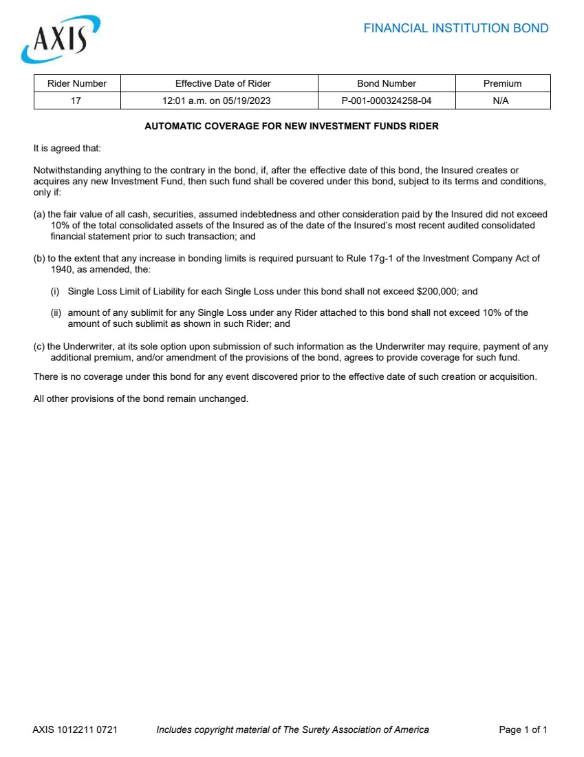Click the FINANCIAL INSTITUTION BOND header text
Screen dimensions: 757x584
pyautogui.click(x=455, y=28)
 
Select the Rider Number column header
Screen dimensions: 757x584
pyautogui.click(x=77, y=83)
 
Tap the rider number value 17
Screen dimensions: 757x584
pyautogui.click(x=76, y=100)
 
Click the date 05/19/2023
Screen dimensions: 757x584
pyautogui.click(x=246, y=100)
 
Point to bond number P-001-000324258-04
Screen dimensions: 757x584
pyautogui.click(x=387, y=100)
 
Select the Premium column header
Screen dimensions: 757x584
pyautogui.click(x=502, y=83)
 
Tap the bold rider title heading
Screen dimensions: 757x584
pyautogui.click(x=292, y=127)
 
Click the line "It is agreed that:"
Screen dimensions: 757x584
pyautogui.click(x=67, y=148)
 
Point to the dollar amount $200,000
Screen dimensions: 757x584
pyautogui.click(x=437, y=291)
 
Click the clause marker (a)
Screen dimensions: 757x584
pyautogui.click(x=39, y=215)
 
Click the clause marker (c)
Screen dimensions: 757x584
pyautogui.click(x=39, y=347)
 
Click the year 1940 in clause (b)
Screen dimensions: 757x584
pyautogui.click(x=63, y=269)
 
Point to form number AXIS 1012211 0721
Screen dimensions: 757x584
pyautogui.click(x=75, y=729)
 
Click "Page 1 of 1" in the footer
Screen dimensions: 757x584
pyautogui.click(x=523, y=729)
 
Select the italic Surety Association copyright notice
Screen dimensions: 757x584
pyautogui.click(x=292, y=729)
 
